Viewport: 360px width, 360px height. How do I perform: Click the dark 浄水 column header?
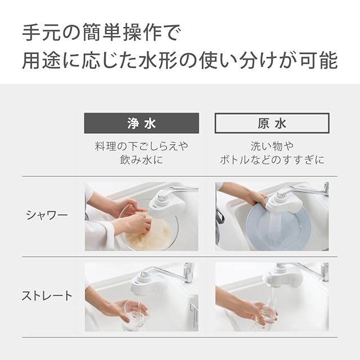(x=141, y=123)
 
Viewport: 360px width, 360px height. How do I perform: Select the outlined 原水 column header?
(x=272, y=123)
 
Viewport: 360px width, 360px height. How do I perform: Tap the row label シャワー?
(x=47, y=215)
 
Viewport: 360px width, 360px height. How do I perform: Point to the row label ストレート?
(x=47, y=296)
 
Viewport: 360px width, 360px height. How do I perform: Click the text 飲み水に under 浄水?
(x=141, y=160)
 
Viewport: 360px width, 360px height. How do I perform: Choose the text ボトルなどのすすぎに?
(x=272, y=160)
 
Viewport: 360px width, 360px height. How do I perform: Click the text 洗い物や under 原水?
(x=272, y=146)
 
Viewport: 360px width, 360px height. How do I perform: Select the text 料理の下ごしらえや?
(x=141, y=146)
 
